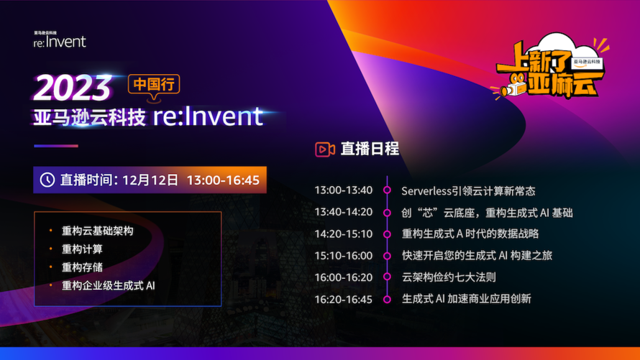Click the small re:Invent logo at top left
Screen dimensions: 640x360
(60, 40)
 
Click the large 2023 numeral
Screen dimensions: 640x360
(73, 87)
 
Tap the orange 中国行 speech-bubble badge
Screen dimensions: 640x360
(154, 86)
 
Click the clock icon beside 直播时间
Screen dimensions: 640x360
(47, 180)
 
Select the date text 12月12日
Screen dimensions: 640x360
(150, 180)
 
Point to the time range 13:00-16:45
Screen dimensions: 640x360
(223, 180)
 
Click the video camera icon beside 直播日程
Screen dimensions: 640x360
(325, 149)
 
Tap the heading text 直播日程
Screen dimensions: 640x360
(370, 149)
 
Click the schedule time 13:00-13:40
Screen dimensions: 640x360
(343, 190)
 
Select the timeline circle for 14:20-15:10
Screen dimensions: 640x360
(387, 234)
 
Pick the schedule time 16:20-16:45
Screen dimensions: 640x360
(343, 299)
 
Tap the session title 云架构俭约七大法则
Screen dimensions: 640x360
(449, 277)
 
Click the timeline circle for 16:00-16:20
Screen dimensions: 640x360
(387, 277)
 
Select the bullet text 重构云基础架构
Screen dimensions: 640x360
(97, 231)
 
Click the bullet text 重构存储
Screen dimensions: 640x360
(82, 267)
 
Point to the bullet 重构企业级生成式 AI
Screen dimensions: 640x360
(108, 286)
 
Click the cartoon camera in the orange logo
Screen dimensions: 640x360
(513, 87)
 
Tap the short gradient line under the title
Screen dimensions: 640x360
(56, 146)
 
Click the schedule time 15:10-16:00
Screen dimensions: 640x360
(343, 256)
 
